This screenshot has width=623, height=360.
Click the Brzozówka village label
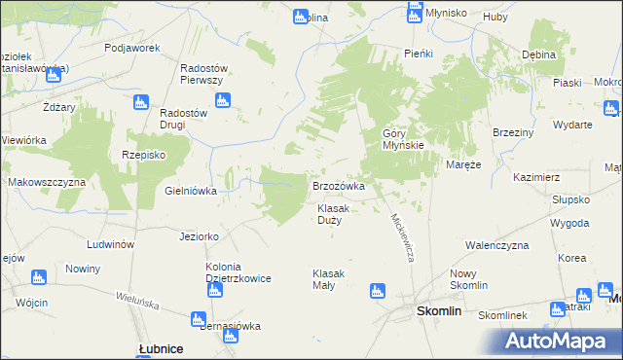point(338,185)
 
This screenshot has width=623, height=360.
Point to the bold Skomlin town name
point(438,311)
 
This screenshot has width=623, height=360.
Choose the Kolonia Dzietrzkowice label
point(238,272)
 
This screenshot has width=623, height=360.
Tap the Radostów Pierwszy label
point(203,75)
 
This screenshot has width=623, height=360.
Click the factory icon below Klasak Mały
point(377,290)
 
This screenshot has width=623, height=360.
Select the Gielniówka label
point(191,191)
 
